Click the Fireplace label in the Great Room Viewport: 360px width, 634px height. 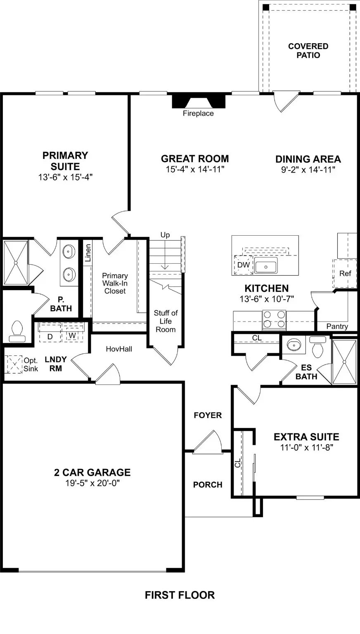click(198, 114)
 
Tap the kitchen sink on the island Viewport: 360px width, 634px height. click(265, 266)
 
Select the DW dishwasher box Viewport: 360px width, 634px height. click(243, 265)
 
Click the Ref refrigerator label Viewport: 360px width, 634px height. click(345, 273)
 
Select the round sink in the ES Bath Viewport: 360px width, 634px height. click(294, 344)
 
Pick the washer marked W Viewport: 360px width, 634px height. click(72, 335)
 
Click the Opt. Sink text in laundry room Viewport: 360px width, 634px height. click(31, 365)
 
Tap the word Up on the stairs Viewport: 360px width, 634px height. click(165, 235)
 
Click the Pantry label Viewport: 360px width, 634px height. click(337, 326)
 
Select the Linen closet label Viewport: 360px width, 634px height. click(88, 253)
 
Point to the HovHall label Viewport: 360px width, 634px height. click(119, 349)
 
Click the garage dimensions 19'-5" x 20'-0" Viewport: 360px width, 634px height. click(92, 483)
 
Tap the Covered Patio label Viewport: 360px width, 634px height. click(308, 51)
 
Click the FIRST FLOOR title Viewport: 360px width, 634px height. click(180, 595)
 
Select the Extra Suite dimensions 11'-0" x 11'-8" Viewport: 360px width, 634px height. click(306, 447)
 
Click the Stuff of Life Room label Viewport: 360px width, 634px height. click(166, 321)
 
